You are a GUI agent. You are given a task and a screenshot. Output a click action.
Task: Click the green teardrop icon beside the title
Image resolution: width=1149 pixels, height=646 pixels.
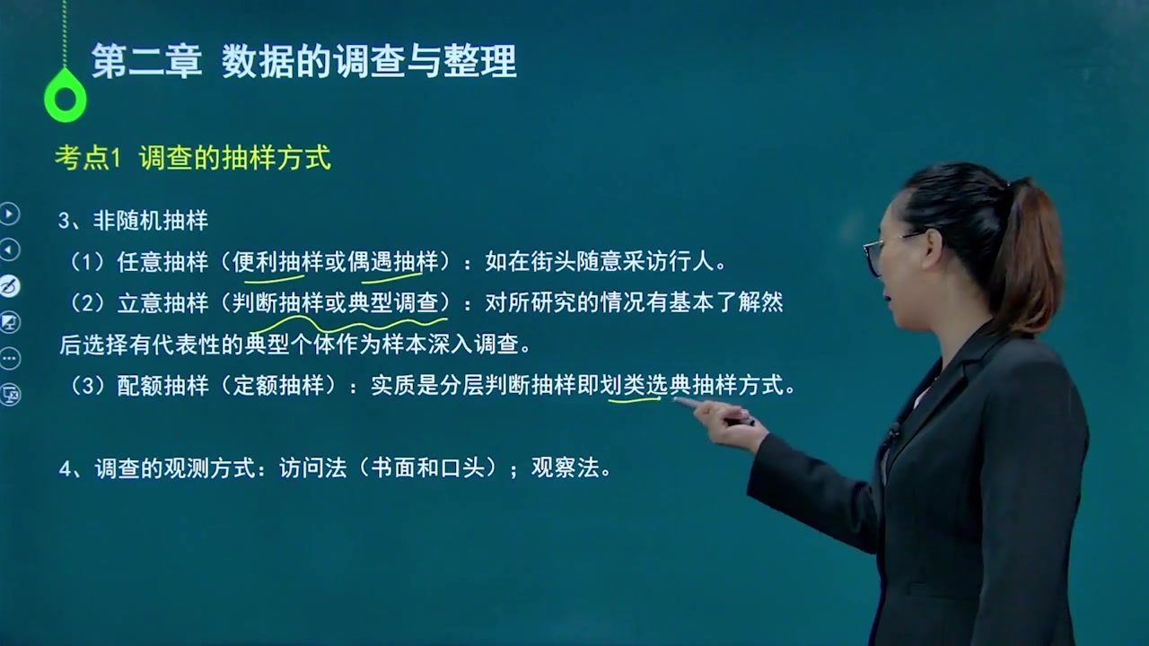(66, 95)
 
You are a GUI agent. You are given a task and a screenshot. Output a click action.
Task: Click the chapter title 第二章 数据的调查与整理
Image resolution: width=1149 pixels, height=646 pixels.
(303, 62)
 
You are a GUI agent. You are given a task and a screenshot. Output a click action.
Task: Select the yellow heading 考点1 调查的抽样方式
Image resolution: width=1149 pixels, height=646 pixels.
(193, 157)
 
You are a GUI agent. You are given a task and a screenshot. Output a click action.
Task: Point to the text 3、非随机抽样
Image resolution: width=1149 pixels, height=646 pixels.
(134, 221)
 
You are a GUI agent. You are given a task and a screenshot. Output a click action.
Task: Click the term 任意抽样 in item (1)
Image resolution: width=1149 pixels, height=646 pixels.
(162, 262)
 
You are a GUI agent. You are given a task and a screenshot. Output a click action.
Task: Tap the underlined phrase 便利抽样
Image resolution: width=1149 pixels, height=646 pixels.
(277, 262)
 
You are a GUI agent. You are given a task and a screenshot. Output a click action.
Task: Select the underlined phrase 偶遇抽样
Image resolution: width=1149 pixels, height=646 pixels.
(393, 262)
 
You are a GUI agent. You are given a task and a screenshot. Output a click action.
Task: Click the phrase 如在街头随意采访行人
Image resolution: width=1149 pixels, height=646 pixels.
(600, 262)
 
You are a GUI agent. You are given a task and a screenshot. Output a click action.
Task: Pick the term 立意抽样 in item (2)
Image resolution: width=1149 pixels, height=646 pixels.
(162, 303)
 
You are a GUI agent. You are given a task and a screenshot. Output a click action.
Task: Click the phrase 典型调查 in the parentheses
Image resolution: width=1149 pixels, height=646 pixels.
(393, 303)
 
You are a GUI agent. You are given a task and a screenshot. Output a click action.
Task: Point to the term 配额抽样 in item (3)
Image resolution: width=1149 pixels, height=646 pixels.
(162, 386)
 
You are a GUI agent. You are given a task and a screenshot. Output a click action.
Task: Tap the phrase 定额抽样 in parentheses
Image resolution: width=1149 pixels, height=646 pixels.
(278, 386)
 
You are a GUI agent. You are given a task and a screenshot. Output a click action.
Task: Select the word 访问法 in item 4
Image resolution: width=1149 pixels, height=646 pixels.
(313, 467)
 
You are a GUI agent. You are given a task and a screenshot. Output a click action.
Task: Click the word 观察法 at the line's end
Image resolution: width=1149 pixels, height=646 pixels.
(565, 467)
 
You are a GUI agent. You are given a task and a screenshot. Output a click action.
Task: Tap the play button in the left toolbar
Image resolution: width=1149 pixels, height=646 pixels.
(9, 214)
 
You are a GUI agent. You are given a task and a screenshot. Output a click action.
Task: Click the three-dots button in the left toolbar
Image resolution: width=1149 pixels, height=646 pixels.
(9, 358)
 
